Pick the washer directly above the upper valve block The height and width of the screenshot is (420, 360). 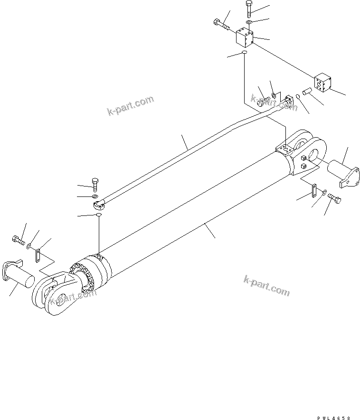[249, 22]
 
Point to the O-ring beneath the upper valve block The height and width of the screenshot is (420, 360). [244, 53]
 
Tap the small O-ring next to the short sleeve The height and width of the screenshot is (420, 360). [297, 97]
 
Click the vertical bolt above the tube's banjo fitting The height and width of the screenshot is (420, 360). [95, 182]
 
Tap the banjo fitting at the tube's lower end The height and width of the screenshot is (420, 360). [97, 205]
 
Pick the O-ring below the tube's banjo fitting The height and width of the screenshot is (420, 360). [98, 215]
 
